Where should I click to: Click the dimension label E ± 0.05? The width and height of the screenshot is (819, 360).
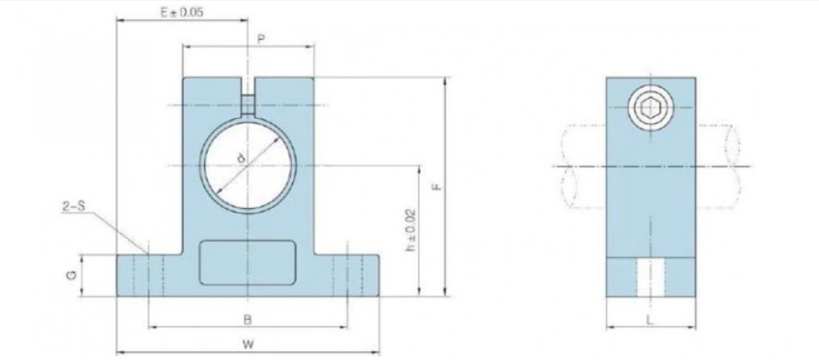pyautogui.click(x=181, y=13)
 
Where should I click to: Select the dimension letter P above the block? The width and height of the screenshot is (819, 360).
pyautogui.click(x=260, y=38)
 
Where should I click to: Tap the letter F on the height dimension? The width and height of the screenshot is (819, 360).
pyautogui.click(x=438, y=186)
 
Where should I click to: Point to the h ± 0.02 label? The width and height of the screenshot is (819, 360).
pyautogui.click(x=411, y=230)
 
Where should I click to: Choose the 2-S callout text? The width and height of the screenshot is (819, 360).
pyautogui.click(x=73, y=207)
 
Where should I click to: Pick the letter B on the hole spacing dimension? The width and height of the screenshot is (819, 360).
pyautogui.click(x=248, y=320)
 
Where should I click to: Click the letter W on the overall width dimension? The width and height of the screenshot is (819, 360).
pyautogui.click(x=248, y=344)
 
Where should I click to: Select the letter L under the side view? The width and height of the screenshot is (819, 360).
pyautogui.click(x=649, y=320)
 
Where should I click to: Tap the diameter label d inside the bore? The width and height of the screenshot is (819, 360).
pyautogui.click(x=240, y=157)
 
